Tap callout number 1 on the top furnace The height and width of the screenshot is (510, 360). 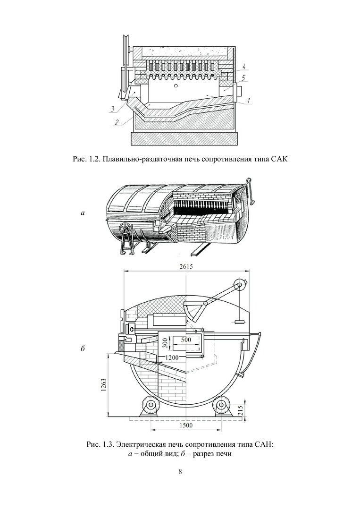tap(249, 101)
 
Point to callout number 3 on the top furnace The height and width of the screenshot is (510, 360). tap(112, 109)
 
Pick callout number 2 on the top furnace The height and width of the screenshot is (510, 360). tap(116, 122)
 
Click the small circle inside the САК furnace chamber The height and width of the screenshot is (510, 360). tap(176, 86)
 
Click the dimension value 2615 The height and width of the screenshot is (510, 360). tap(186, 267)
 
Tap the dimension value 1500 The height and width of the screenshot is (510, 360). tap(186, 425)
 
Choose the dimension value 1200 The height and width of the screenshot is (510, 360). tap(172, 357)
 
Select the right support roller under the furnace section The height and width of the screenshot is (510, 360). tap(222, 405)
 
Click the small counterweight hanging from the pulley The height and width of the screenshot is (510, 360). tap(240, 322)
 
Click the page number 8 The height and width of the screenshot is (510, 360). tap(180, 471)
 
